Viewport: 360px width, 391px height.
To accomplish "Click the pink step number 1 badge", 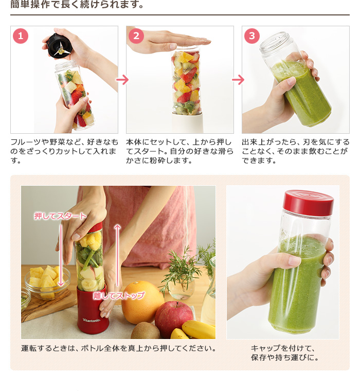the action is pos(21,36).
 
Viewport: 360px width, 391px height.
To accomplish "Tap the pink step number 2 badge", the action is pos(136,36).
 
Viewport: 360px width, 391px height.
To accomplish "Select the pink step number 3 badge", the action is pos(252,36).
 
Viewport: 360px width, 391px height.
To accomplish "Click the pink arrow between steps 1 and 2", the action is pos(122,80).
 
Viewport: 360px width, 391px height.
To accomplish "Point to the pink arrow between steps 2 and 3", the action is pos(238,80).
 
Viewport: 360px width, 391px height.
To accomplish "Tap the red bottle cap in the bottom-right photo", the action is pos(308,202).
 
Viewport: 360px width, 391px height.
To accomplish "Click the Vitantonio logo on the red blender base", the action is pos(92,320).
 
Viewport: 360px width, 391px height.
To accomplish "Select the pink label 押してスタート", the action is pos(60,216).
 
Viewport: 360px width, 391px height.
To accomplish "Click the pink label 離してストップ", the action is pos(119,295).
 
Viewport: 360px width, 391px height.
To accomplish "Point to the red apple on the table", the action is pos(174,317).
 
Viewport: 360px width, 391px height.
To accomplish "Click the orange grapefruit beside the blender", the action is pos(142,301).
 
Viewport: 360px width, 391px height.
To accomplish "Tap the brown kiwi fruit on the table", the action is pos(146,331).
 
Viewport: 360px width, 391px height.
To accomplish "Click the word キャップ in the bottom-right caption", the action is pos(266,348).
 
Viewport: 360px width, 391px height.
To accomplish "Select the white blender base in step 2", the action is pos(187,123).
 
